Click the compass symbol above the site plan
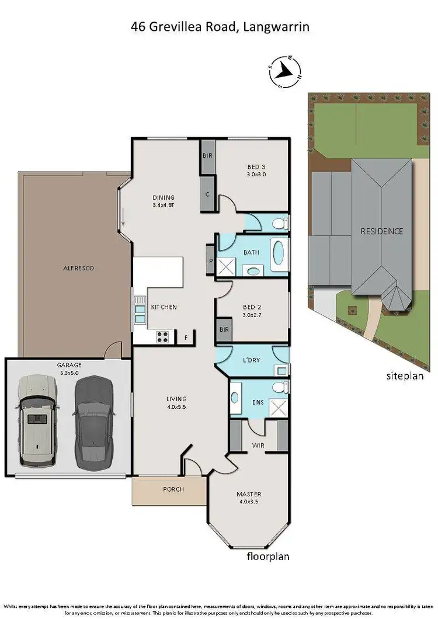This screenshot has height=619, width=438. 284,71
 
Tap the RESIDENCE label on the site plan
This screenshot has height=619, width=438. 381,231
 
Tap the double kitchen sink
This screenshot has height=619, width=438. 140,309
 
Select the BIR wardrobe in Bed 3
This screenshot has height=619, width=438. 207,157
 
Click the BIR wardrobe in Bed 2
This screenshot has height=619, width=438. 224,331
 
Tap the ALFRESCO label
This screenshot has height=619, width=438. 78,269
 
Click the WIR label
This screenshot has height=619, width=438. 258,446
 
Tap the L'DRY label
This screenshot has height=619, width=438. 252,361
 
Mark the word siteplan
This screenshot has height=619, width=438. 405,375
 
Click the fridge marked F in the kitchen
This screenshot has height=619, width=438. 186,337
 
